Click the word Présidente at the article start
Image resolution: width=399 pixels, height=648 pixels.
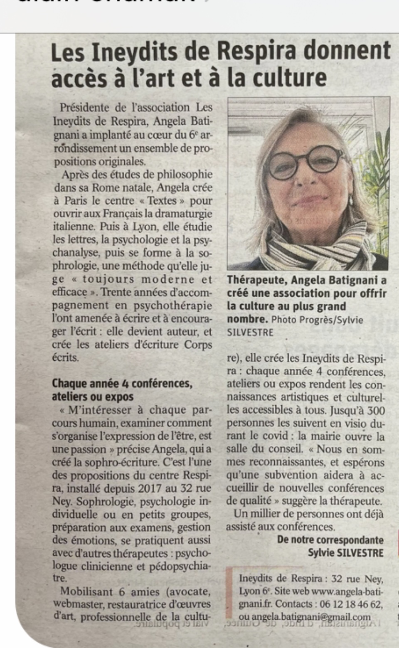click(84, 108)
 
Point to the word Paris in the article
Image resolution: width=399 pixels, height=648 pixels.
click(76, 201)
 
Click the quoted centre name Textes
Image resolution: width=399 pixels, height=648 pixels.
click(162, 201)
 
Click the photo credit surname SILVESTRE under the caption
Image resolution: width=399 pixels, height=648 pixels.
click(250, 333)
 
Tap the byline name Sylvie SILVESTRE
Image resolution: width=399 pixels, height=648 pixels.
click(345, 553)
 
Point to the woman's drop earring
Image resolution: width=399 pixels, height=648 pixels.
click(350, 202)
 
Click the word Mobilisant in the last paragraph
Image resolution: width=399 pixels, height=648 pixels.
click(86, 591)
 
